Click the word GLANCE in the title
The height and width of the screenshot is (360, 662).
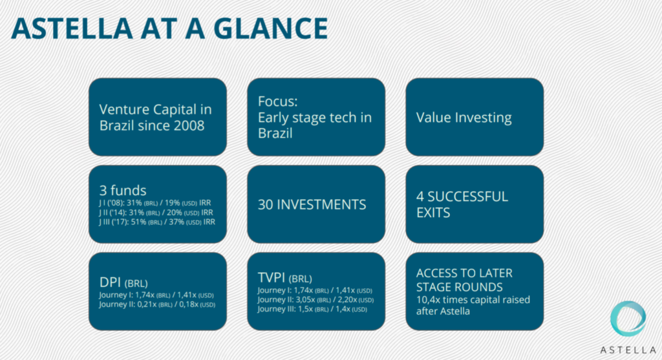pos(271,28)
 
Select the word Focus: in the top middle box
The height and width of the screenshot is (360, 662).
pos(278,101)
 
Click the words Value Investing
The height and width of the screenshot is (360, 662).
pos(464,118)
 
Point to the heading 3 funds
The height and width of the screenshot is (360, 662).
pos(123,190)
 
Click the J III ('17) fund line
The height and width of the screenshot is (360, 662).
pos(157,222)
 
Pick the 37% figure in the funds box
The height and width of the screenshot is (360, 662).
pos(176,222)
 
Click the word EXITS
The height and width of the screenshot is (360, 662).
pos(433,213)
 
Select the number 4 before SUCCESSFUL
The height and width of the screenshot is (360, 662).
pos(420,196)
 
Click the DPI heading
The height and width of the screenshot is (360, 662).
pos(110,282)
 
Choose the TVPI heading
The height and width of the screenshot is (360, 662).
pos(272,278)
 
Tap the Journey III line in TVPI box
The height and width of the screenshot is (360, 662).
pos(312,310)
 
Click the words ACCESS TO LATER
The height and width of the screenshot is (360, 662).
pos(464,273)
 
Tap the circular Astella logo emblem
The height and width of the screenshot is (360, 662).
pos(628,319)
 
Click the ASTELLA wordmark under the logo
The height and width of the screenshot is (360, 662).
pos(628,350)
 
